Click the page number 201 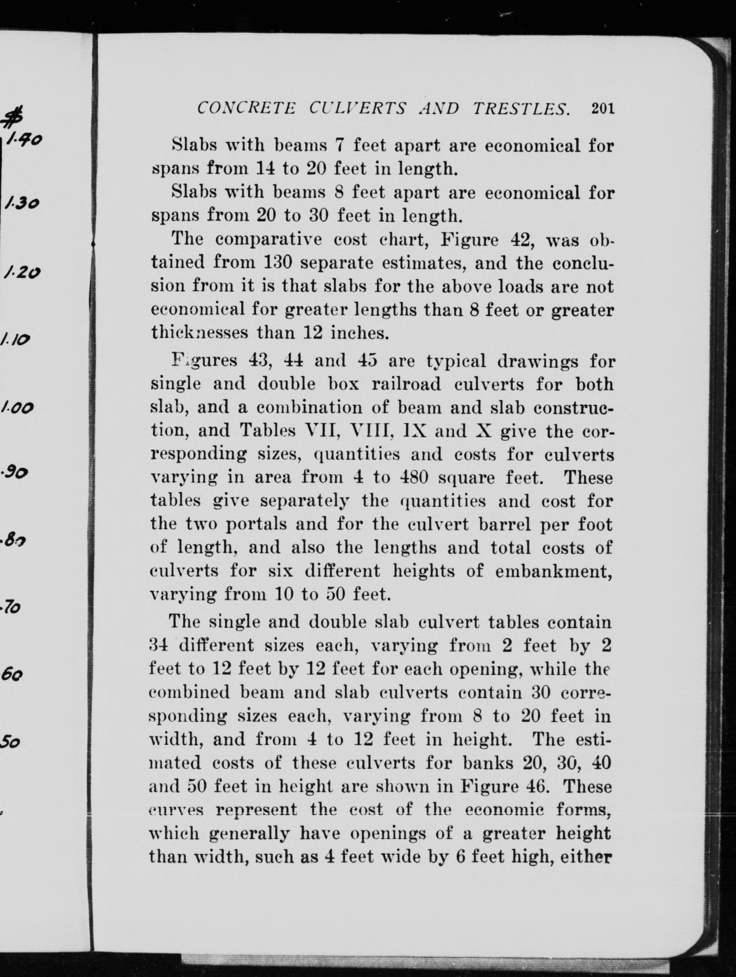[x=603, y=109]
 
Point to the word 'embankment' [x=553, y=571]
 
